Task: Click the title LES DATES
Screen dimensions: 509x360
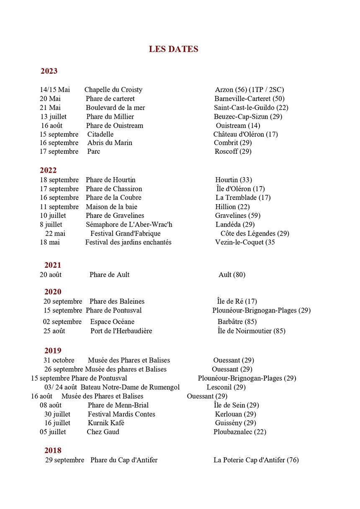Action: [x=173, y=49]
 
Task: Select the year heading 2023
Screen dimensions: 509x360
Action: [x=49, y=71]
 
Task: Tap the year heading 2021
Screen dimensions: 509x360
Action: [x=53, y=265]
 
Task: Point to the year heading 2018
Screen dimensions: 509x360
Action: [x=53, y=450]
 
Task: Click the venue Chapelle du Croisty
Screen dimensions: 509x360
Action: [x=113, y=90]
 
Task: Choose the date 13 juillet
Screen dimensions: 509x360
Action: [x=53, y=117]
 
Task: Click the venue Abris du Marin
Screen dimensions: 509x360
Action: [x=110, y=143]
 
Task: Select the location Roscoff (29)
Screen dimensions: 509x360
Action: [x=233, y=151]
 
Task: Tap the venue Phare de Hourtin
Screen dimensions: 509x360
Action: [x=111, y=180]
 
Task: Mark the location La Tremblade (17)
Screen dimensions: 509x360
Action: [x=243, y=197]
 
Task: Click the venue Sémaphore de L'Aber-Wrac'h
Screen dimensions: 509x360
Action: [x=129, y=225]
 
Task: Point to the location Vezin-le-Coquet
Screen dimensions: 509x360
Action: [x=245, y=242]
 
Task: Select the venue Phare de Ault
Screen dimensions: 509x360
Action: [x=109, y=275]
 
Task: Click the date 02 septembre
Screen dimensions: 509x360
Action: [x=62, y=322]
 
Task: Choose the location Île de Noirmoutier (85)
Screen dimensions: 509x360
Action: [x=251, y=331]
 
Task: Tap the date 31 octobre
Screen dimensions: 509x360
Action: [x=59, y=360]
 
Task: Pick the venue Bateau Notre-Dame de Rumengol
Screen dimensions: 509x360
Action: [x=130, y=387]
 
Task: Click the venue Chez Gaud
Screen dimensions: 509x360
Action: [x=103, y=432]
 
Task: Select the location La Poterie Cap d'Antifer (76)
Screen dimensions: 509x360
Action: [x=256, y=460]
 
